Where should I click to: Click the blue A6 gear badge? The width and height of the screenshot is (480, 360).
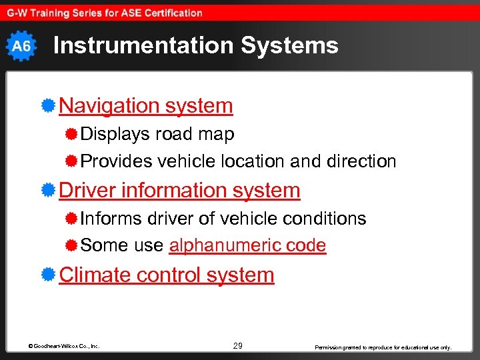coord(21,46)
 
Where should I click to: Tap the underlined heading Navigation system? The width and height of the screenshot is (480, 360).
coord(146,105)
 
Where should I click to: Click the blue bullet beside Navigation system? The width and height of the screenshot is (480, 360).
coord(48,105)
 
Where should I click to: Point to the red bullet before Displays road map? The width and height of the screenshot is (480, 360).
coord(72,134)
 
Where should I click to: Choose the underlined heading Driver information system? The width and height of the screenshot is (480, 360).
coord(179,190)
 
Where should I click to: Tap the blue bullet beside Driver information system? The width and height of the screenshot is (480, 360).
coord(48,190)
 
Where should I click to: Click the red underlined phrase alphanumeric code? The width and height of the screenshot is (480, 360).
coord(247,245)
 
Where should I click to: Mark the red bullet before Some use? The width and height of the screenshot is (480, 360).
coord(72,245)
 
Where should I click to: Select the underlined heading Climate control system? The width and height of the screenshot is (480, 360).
coord(167,275)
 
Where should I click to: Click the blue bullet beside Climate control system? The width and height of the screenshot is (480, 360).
coord(48,275)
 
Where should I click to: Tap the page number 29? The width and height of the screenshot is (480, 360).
coord(238,345)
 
